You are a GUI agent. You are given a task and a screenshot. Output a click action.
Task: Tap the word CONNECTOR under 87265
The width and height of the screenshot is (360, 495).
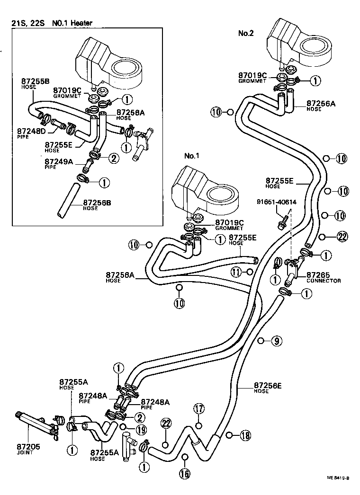pos(323,281)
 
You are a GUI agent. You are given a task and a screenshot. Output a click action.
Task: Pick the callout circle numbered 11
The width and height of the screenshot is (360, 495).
pos(236,272)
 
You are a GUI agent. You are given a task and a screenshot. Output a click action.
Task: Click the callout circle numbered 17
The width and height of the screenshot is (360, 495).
pos(198,408)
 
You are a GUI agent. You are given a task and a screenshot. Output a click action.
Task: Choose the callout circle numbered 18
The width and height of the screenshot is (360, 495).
pos(244,435)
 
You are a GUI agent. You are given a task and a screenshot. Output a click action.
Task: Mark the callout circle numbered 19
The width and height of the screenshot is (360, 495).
pos(140,430)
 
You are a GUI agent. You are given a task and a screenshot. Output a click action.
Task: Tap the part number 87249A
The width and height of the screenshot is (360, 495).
pos(59,161)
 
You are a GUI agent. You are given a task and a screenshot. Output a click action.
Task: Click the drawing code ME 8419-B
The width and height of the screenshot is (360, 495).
pos(337,478)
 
